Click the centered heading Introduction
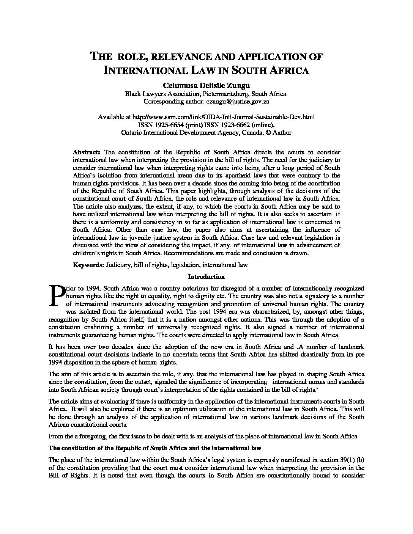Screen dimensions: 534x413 tap(206, 276)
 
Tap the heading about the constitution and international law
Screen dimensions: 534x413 tap(155, 448)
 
